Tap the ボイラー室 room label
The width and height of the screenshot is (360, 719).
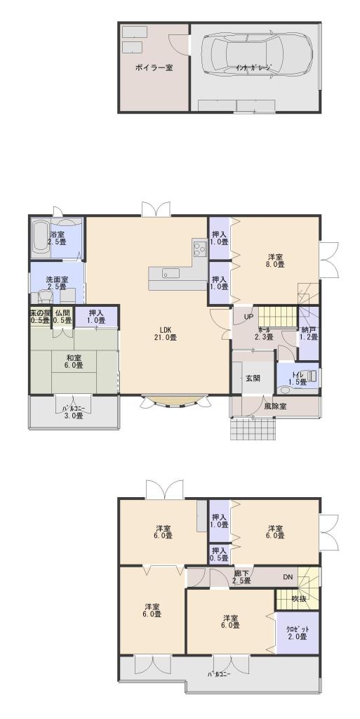[154, 68]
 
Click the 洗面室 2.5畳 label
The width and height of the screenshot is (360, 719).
[57, 283]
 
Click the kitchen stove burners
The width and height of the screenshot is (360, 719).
[199, 247]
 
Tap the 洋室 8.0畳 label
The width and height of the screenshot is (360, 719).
[276, 260]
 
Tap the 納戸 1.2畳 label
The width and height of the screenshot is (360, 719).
[309, 333]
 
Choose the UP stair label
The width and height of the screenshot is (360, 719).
[248, 317]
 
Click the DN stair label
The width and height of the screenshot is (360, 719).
[288, 577]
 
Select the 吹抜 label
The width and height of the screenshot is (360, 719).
[300, 599]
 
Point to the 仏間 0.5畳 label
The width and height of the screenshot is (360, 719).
[62, 317]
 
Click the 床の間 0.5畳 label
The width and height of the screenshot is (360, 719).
[40, 317]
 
